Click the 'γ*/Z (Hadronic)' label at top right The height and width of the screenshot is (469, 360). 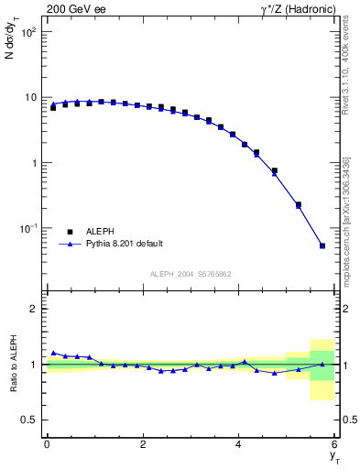[300, 8]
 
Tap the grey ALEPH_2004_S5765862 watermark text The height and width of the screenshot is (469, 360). [191, 274]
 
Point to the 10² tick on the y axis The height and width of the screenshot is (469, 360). [27, 32]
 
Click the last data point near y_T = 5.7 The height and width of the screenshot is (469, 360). [322, 245]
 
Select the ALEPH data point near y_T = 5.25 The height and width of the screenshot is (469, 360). [299, 205]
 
